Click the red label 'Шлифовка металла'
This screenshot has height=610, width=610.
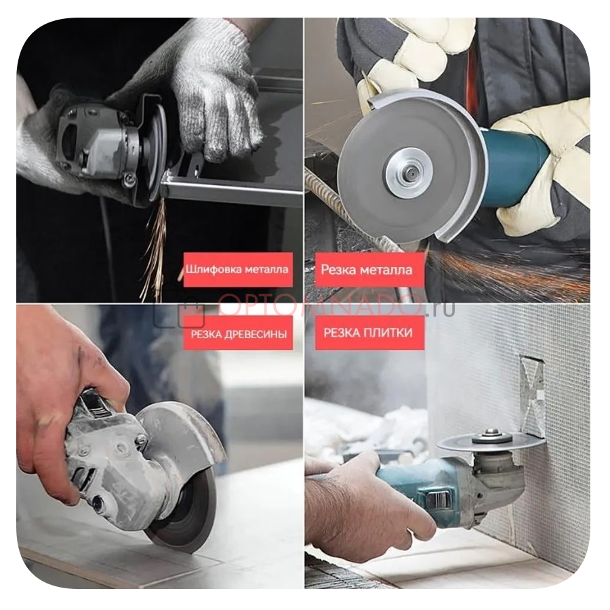click(238, 269)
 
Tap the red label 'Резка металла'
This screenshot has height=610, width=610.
click(369, 270)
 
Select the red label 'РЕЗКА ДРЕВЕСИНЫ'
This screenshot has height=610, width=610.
click(238, 333)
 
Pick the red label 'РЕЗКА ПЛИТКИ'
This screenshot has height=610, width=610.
click(369, 332)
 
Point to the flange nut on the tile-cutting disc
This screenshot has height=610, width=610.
click(492, 436)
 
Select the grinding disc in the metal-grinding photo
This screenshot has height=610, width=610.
click(157, 150)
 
